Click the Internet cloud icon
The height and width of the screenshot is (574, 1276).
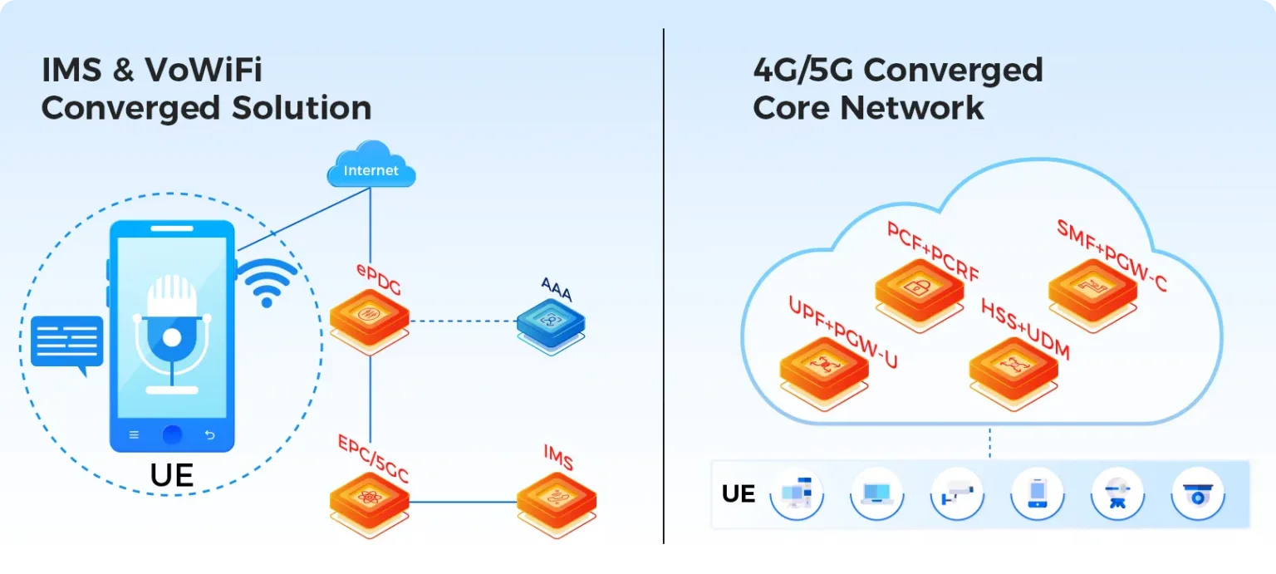click(371, 164)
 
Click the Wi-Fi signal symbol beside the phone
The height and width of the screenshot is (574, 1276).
click(267, 282)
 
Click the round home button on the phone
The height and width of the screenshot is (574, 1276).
click(172, 434)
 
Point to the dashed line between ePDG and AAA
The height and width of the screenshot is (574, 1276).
click(463, 321)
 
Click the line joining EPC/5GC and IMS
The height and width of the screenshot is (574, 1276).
click(463, 502)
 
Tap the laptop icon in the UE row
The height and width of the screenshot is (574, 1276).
click(876, 494)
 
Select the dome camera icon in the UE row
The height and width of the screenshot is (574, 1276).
click(1198, 494)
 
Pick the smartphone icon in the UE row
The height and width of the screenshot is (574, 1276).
click(1038, 494)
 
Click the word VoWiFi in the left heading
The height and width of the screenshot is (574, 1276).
click(204, 70)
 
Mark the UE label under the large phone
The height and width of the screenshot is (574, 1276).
click(172, 474)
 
